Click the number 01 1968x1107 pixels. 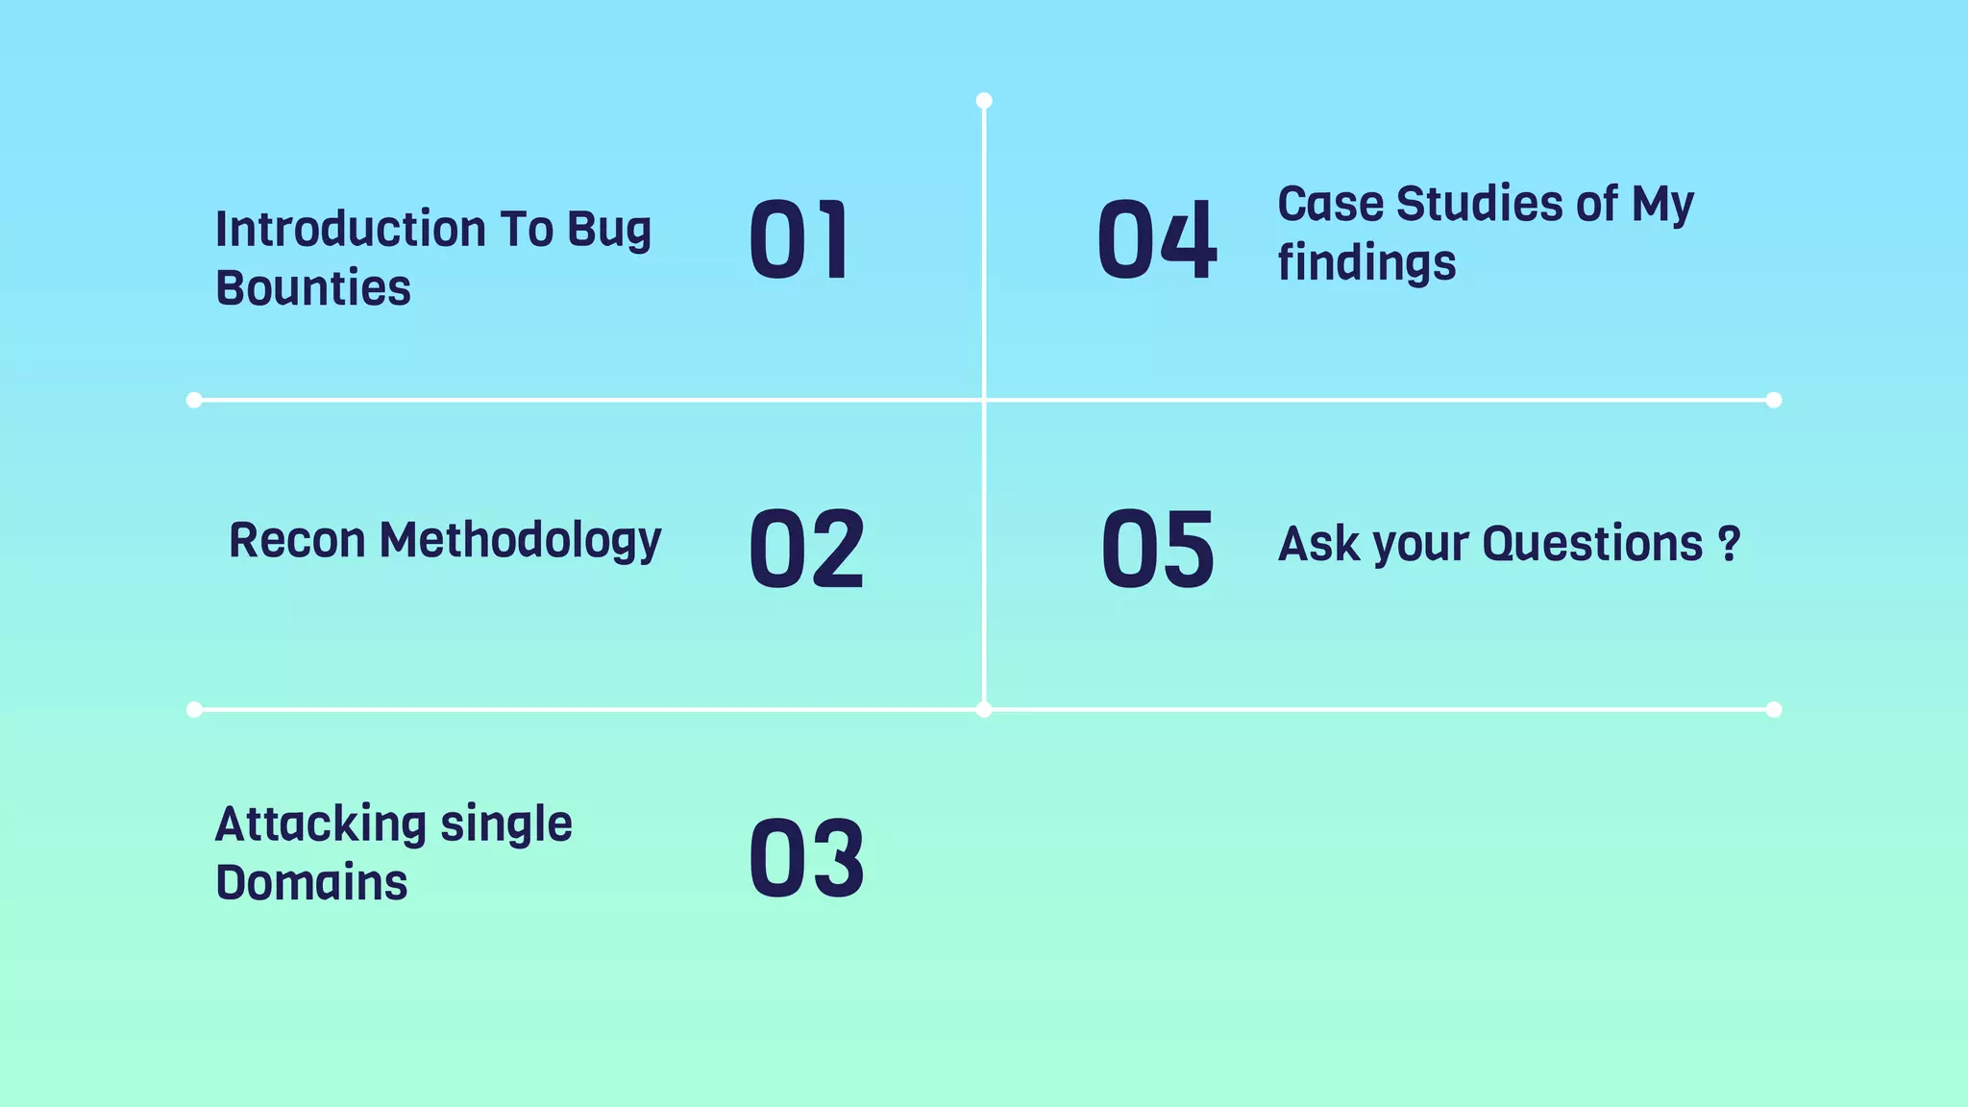799,240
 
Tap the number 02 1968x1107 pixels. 806,549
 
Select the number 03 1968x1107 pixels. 806,858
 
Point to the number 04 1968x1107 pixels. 1157,240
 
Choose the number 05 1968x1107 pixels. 1158,549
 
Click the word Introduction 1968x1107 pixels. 351,230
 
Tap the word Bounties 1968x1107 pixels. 313,288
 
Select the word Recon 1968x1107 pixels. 297,540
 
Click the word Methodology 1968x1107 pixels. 520,542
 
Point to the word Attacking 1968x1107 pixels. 320,824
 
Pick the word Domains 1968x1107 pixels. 311,883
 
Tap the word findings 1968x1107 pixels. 1366,263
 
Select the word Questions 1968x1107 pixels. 1592,544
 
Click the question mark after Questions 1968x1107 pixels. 1729,544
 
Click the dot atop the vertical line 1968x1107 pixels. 984,101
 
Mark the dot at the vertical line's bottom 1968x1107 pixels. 984,710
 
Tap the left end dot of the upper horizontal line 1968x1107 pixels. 194,400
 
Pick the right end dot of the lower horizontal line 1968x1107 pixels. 1774,710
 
